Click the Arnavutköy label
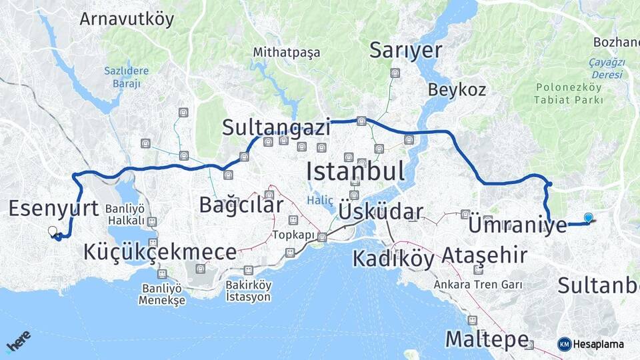point(127,19)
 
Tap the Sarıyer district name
point(406,50)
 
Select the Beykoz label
point(457,89)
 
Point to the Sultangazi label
point(277,127)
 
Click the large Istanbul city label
point(355,171)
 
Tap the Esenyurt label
point(54,208)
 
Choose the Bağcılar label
point(241,205)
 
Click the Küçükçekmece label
point(160,252)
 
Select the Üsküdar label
point(381,212)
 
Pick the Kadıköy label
point(393,258)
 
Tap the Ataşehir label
point(485,255)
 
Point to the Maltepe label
point(487,339)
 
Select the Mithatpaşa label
point(286,52)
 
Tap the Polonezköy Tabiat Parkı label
point(569,93)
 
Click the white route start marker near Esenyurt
point(53,231)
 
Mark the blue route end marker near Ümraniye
point(588,217)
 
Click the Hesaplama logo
point(591,344)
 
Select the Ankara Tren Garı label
point(477,285)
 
